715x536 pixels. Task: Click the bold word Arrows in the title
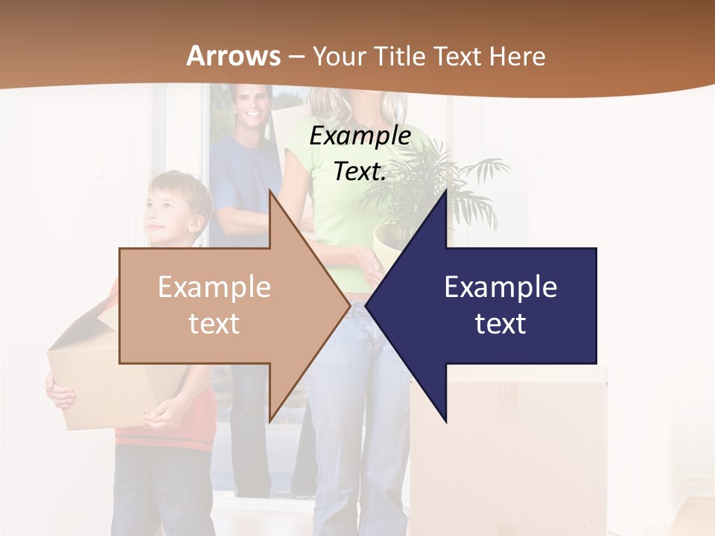pos(233,56)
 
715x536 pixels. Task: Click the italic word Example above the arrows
pos(360,136)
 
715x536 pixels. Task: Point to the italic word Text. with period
pos(360,172)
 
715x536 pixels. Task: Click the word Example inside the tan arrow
pos(214,287)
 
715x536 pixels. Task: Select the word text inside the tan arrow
pos(214,323)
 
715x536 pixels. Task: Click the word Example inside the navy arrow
pos(500,287)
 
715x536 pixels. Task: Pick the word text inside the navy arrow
pos(500,323)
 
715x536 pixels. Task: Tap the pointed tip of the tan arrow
pos(349,304)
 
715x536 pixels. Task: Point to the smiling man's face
pos(251,108)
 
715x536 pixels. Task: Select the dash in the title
pos(296,57)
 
